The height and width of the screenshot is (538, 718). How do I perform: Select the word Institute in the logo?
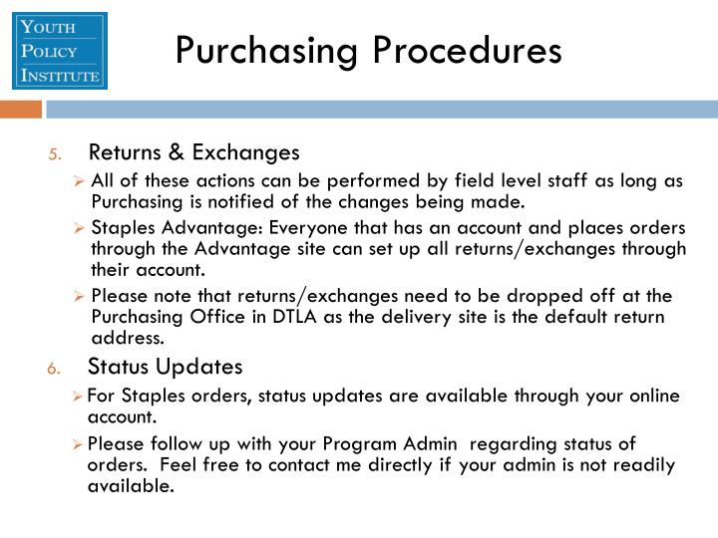(59, 75)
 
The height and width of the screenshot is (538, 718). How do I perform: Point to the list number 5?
(56, 153)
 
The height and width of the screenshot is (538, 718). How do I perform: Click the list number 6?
(54, 368)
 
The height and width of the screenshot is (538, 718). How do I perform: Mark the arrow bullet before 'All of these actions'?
(81, 181)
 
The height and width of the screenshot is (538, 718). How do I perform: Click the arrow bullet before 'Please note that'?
(81, 297)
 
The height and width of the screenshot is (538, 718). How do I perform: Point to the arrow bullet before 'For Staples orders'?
(79, 397)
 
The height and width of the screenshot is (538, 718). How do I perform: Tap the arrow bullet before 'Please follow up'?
(79, 444)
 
